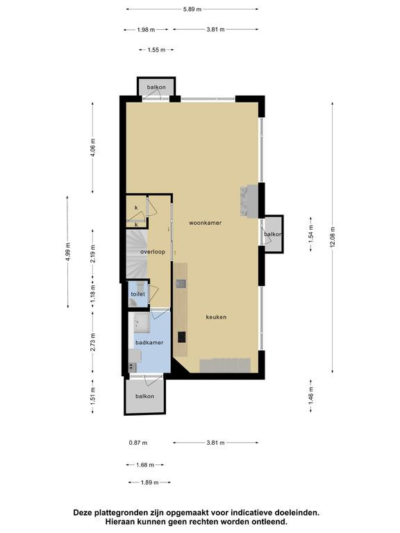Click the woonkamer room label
point(205,223)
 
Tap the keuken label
point(216,317)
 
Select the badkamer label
point(149,343)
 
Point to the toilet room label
point(137,294)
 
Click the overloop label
point(153,252)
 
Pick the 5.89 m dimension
point(192,9)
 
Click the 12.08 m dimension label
point(333,237)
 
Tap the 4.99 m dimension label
point(68,252)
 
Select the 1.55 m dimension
point(156,50)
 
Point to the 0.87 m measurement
point(138,443)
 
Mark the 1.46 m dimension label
point(311,396)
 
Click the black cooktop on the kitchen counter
point(182,337)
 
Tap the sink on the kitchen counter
point(181,283)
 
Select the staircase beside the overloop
point(137,255)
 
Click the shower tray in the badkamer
point(141,322)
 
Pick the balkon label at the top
point(156,87)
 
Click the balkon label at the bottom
point(144,396)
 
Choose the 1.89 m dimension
point(150,482)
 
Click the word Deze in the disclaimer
point(83,513)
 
